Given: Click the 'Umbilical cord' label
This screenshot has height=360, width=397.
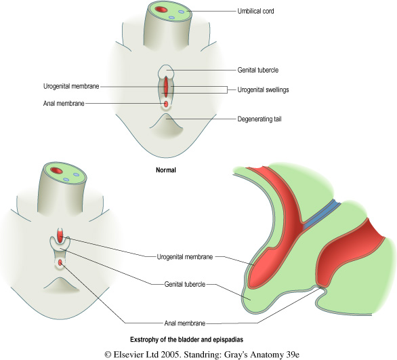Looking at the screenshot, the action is pos(255,11).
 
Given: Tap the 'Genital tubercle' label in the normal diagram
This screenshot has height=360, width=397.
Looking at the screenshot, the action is pos(257,70).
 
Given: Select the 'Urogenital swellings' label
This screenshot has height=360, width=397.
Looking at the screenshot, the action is pos(263,89).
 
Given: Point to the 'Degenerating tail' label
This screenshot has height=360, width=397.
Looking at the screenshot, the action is pos(259,119).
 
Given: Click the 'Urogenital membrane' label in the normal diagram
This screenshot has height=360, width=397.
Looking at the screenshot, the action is pos(71,86).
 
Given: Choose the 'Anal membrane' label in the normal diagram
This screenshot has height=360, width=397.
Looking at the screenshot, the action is pos(64,103).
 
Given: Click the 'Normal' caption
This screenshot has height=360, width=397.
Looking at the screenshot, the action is pos(166,170).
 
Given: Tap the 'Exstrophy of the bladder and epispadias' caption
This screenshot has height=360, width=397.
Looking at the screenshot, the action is pos(186,340).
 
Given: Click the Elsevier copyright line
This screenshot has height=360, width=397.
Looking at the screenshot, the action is pos(202,354).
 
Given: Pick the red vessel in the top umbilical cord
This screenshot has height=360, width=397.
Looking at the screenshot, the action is pos(161,9).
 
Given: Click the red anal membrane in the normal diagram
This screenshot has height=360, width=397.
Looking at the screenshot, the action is pos(166,104).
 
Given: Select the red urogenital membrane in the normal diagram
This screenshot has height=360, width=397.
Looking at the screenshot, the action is pos(166,87).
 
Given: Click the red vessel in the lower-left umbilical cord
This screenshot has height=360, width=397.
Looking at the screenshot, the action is pos(56,170).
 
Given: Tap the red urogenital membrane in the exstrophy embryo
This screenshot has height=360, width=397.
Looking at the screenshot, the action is pos(60,235).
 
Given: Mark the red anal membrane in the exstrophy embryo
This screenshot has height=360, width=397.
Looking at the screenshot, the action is pos(60,263).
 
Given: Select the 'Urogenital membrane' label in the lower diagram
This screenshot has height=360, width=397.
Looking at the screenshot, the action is pos(185,257).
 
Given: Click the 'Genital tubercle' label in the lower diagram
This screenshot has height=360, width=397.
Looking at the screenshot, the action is pos(185,284).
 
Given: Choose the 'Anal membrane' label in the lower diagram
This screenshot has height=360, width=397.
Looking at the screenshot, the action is pos(185,323).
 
